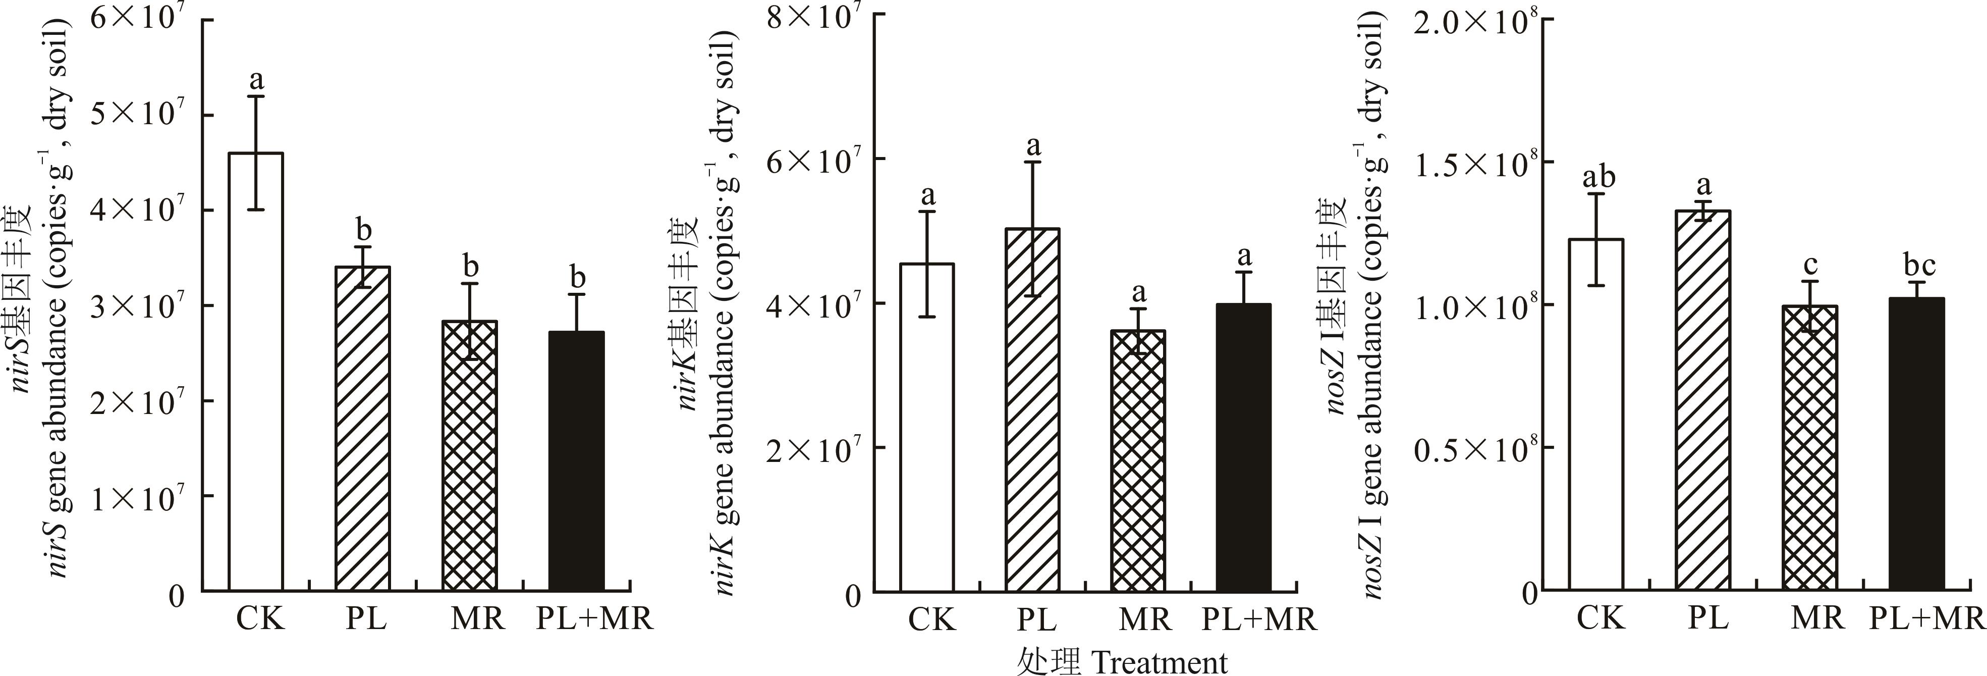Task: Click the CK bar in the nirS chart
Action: click(256, 371)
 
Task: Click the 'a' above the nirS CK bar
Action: click(257, 79)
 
